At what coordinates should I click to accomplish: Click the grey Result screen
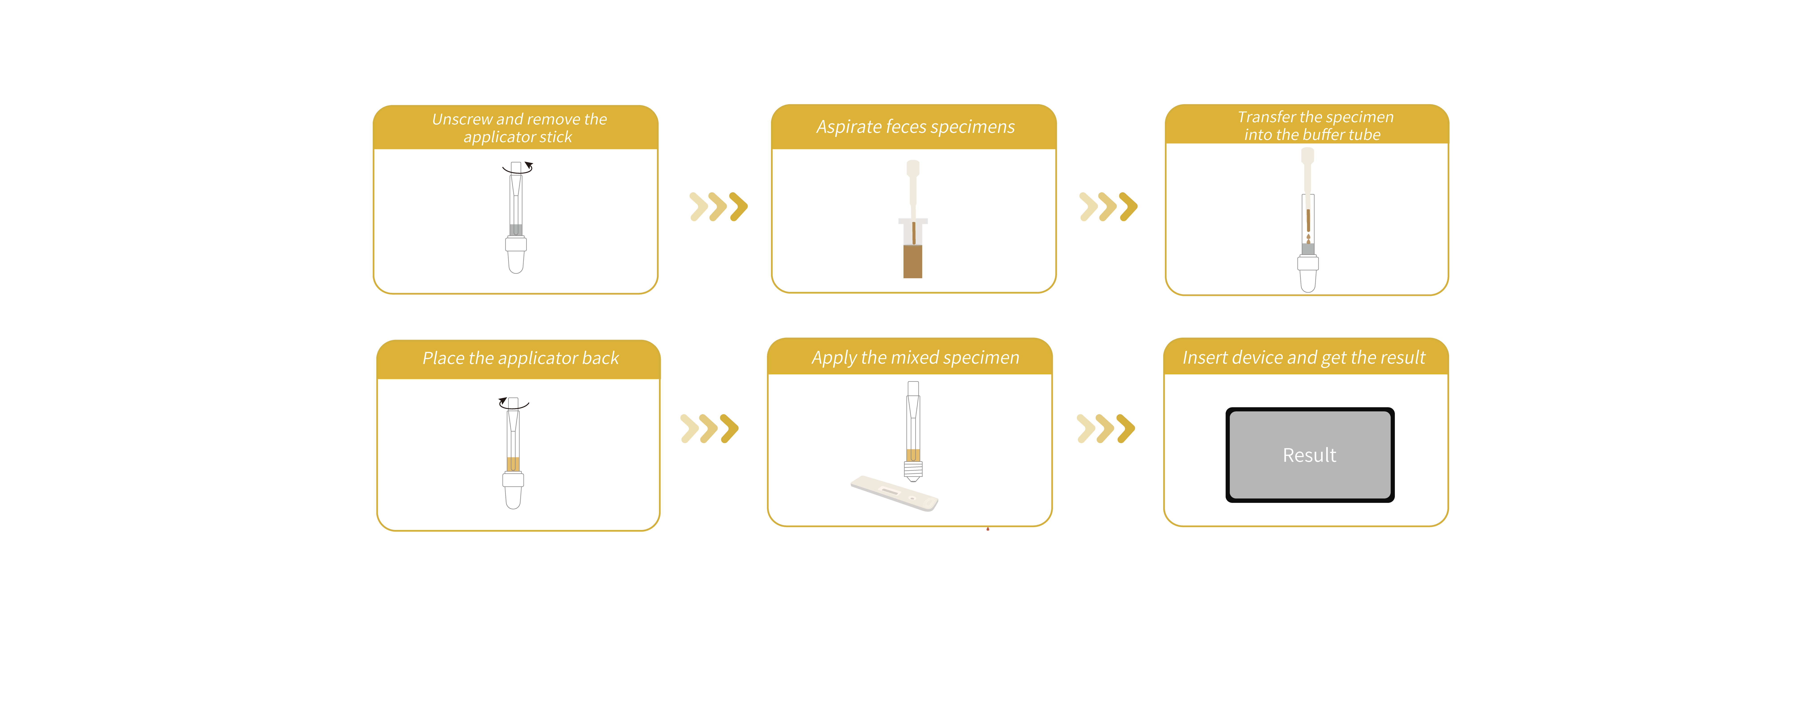click(1309, 455)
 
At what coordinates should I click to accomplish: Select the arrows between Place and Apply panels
click(709, 428)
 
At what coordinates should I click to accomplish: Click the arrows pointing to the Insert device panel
click(1105, 428)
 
